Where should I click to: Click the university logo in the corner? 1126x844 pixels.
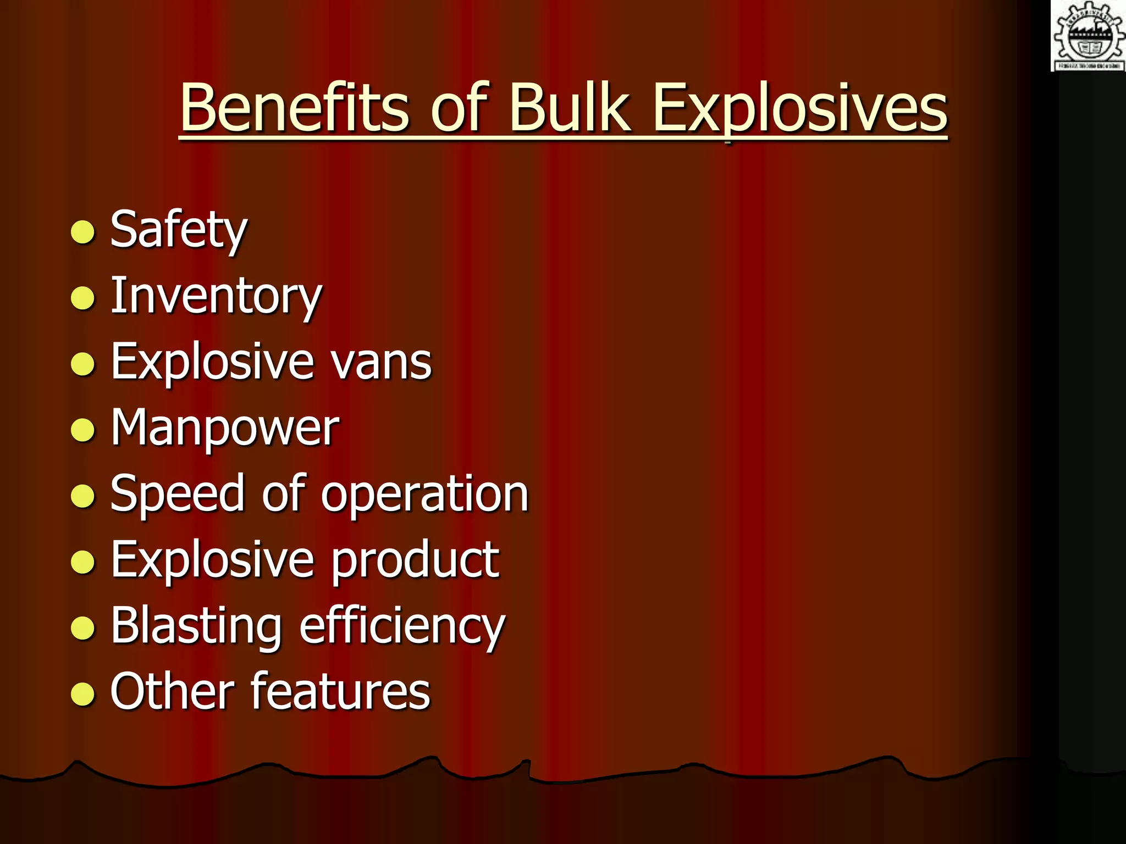[1088, 36]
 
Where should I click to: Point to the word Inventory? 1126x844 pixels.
[216, 297]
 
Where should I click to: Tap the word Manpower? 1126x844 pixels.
[225, 429]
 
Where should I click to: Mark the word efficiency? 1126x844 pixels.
[402, 626]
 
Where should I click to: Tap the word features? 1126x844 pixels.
[341, 691]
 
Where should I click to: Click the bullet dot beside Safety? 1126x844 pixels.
[83, 232]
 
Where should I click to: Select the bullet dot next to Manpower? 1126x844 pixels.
[83, 430]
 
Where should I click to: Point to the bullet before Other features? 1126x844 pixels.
[83, 694]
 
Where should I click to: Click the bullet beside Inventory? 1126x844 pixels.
[83, 298]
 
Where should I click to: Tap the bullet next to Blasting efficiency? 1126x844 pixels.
[83, 628]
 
